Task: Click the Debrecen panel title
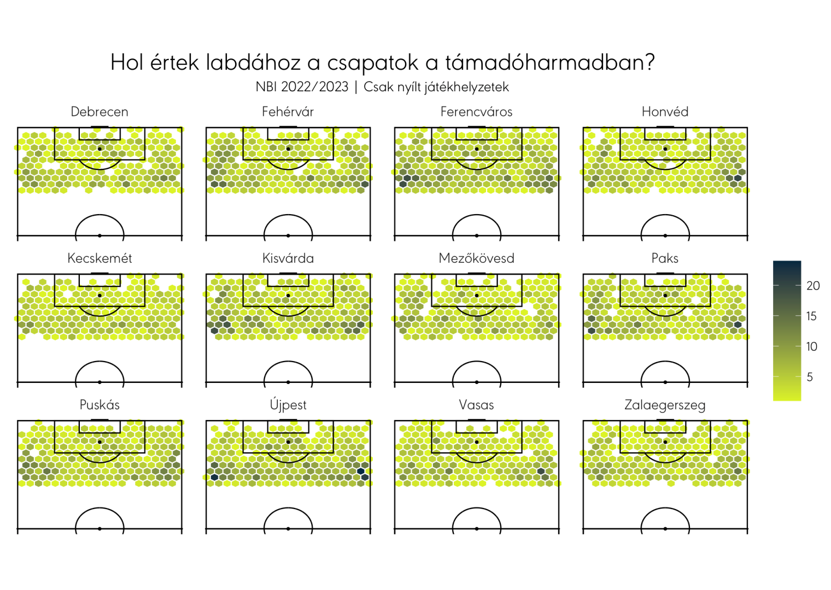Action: (x=100, y=111)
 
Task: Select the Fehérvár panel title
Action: (x=288, y=111)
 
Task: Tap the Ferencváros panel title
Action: (x=476, y=111)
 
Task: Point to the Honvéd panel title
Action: (x=665, y=111)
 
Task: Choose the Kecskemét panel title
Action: (x=100, y=258)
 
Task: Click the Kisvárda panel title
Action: (x=288, y=258)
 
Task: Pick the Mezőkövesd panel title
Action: (x=476, y=258)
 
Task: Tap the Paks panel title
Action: (x=665, y=258)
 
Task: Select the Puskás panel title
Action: (x=100, y=405)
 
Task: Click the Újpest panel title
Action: (x=288, y=404)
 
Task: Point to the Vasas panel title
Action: (x=476, y=405)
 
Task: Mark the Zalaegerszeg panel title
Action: (x=665, y=405)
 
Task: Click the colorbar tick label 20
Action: (x=813, y=286)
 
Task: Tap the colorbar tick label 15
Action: (x=812, y=316)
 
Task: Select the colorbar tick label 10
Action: (x=812, y=346)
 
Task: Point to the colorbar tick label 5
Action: (x=810, y=377)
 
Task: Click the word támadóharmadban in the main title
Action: (x=550, y=62)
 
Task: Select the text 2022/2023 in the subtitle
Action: (x=314, y=87)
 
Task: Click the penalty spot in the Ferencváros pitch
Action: (x=477, y=149)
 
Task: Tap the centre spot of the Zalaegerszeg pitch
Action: (x=665, y=529)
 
